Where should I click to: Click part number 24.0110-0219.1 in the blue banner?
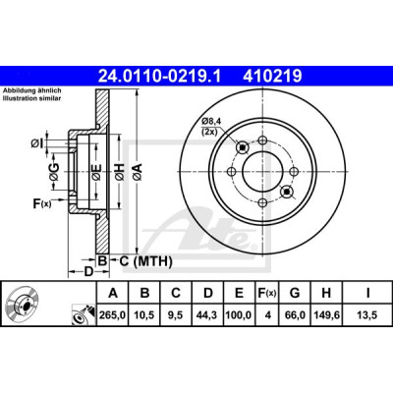tap(160, 77)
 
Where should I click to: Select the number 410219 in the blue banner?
tap(272, 77)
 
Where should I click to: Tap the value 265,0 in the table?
tap(113, 315)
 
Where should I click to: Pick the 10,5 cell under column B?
tap(144, 315)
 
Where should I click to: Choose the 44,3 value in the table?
tap(207, 315)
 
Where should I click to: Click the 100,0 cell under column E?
tap(239, 315)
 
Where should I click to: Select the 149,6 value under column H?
tap(326, 315)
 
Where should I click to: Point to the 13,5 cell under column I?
tap(367, 315)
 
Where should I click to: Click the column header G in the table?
tap(295, 293)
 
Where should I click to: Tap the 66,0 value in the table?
tap(295, 315)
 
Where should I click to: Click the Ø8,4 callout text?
tap(211, 121)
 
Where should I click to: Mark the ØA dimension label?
tap(138, 172)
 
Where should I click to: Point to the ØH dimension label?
tap(120, 172)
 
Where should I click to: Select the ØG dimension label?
tap(54, 172)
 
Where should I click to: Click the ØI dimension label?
tap(36, 143)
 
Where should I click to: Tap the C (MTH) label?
tap(145, 261)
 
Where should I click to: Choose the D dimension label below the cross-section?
tap(88, 272)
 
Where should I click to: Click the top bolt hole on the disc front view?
tap(262, 140)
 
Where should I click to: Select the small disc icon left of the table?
tap(23, 303)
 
